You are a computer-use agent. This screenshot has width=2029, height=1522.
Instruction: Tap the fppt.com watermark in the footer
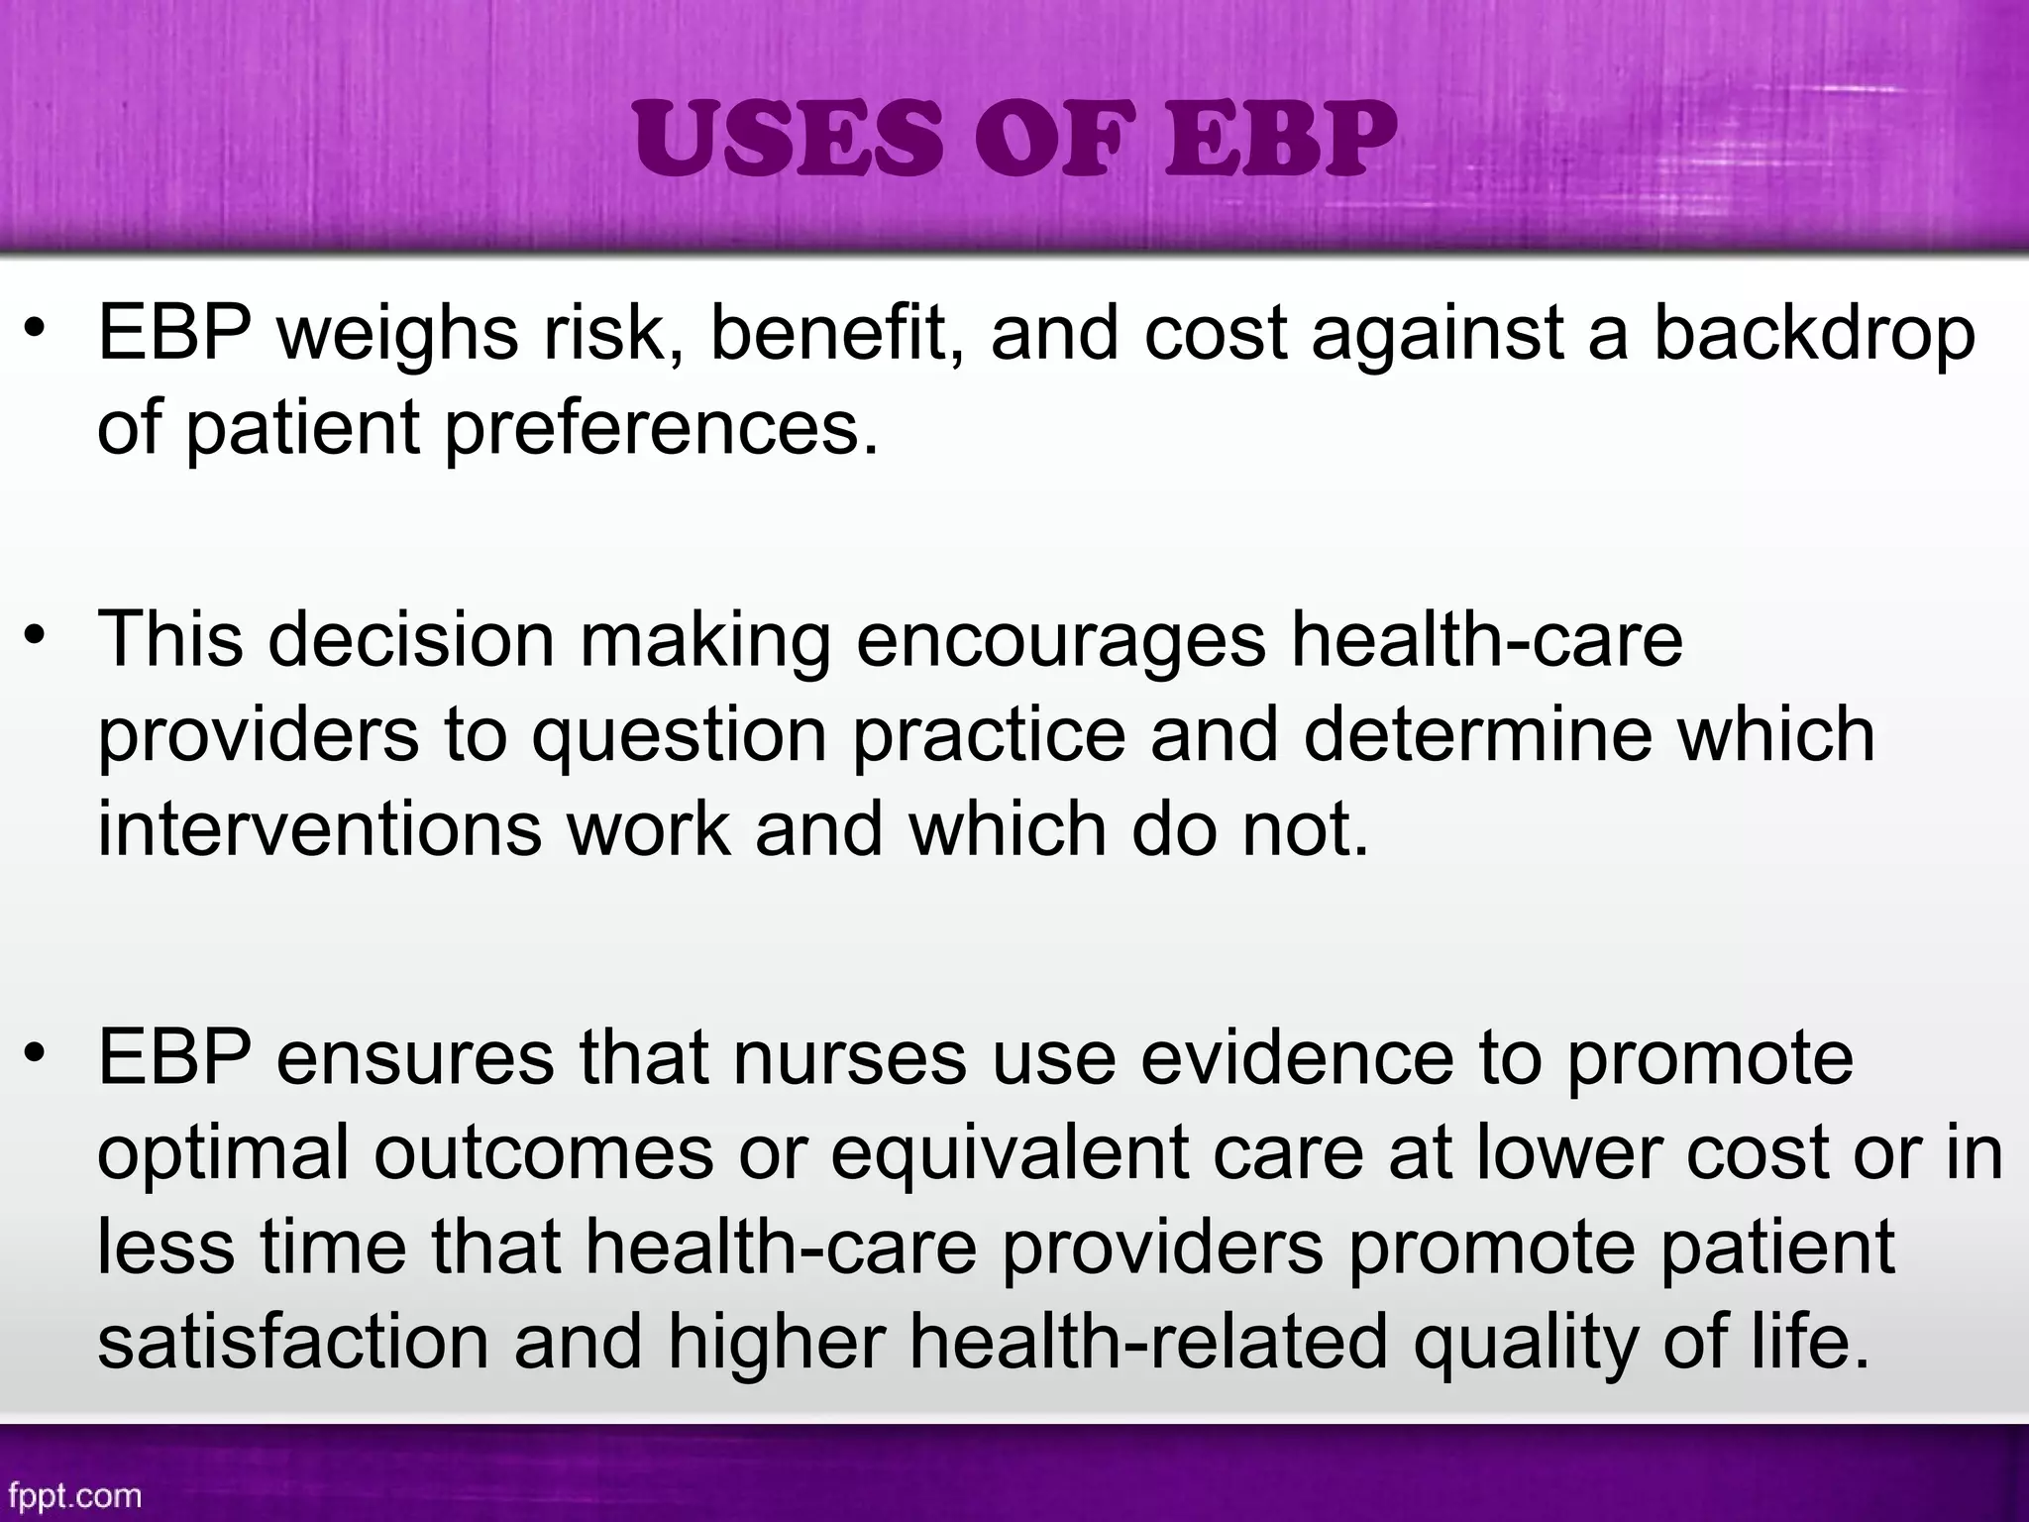click(x=71, y=1494)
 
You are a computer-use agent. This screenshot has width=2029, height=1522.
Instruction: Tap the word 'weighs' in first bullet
click(x=397, y=335)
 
